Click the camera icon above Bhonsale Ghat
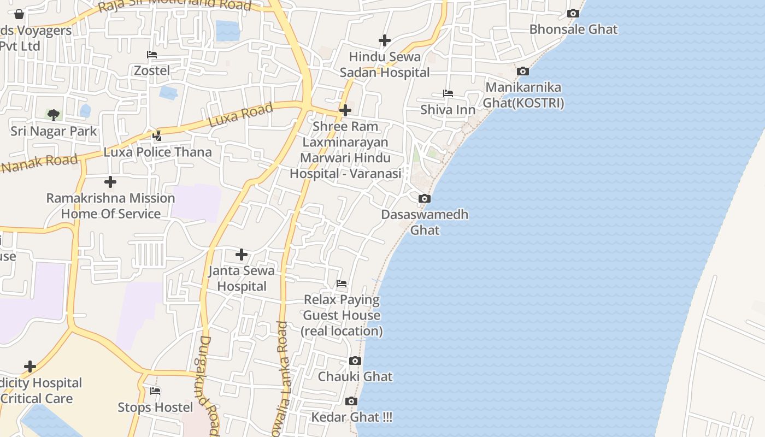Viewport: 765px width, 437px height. click(573, 14)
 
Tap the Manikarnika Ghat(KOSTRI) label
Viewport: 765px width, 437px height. click(523, 95)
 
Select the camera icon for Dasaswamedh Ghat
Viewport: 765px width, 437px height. click(425, 199)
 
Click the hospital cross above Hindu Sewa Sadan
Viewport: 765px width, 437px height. click(385, 40)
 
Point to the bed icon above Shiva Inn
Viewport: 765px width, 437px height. click(448, 93)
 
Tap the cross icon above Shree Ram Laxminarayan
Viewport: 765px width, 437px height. click(345, 110)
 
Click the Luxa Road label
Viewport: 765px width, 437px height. click(241, 115)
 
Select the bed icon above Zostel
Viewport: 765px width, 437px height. click(152, 55)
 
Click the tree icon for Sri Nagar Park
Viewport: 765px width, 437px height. click(54, 115)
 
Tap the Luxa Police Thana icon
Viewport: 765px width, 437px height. click(157, 135)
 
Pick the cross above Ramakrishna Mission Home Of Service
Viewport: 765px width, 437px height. click(110, 182)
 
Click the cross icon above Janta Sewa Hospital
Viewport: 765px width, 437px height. click(242, 255)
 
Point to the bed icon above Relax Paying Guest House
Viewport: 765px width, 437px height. click(342, 284)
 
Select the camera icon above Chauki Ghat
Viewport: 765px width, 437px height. click(355, 361)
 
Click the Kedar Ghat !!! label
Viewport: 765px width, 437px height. click(351, 417)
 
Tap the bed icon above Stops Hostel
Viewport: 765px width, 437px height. click(155, 391)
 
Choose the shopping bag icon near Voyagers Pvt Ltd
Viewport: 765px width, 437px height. click(19, 14)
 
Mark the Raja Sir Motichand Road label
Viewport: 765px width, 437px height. click(175, 6)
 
